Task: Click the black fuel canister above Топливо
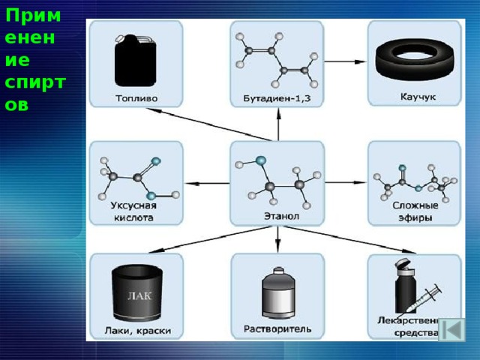[135, 61]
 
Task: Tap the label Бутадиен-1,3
[277, 98]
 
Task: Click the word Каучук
[418, 97]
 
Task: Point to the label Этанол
[277, 216]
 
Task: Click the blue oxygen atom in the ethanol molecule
[261, 160]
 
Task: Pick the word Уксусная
[133, 205]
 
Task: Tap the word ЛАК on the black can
[139, 296]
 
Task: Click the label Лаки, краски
[138, 331]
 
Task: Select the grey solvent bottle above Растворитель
[278, 293]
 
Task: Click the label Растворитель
[277, 329]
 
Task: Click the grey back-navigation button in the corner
[451, 330]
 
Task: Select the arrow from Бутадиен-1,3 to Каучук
[345, 61]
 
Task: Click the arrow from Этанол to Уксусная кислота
[208, 184]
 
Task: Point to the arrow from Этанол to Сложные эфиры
[345, 182]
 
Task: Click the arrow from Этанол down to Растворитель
[277, 239]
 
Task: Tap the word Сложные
[415, 205]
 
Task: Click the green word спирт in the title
[35, 82]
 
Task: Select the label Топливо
[136, 98]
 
